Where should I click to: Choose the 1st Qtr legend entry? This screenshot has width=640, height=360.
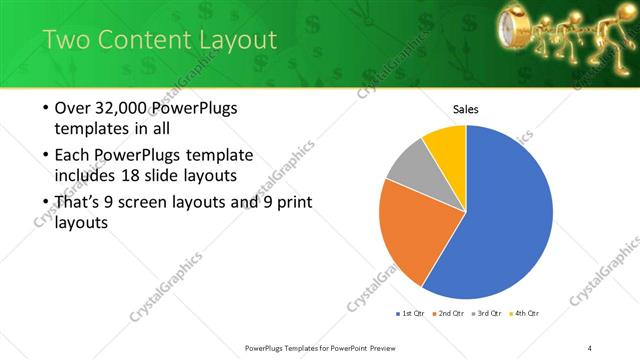[414, 314]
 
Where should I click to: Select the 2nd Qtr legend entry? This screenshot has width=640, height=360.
[451, 314]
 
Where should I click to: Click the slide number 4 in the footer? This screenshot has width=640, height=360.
[590, 347]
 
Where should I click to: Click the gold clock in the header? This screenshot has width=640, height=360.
[523, 25]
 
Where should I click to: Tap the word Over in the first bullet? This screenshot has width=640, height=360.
[72, 108]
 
